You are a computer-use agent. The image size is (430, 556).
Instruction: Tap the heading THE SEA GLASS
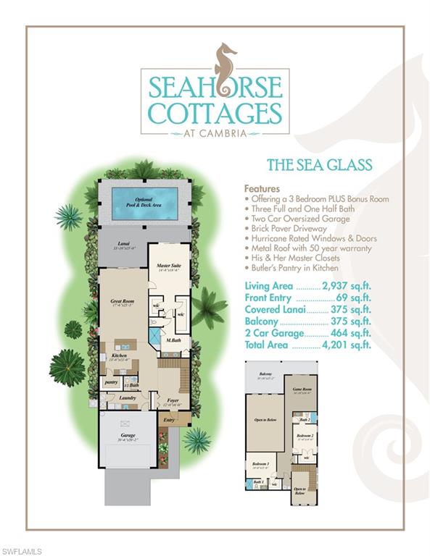coord(319,166)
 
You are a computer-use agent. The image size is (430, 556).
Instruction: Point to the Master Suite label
coord(169,268)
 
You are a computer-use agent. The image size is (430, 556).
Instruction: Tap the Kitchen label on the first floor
coord(119,357)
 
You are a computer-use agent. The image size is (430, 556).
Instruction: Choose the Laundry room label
coord(129,397)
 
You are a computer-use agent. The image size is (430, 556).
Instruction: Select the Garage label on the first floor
coord(128,437)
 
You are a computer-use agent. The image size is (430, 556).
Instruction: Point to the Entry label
coord(169,418)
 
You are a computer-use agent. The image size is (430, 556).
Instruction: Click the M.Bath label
coord(173,340)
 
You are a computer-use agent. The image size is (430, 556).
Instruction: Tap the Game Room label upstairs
coord(300,389)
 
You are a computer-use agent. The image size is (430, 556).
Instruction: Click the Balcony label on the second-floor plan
coord(265,374)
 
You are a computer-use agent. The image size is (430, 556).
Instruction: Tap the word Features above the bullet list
coord(262,188)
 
